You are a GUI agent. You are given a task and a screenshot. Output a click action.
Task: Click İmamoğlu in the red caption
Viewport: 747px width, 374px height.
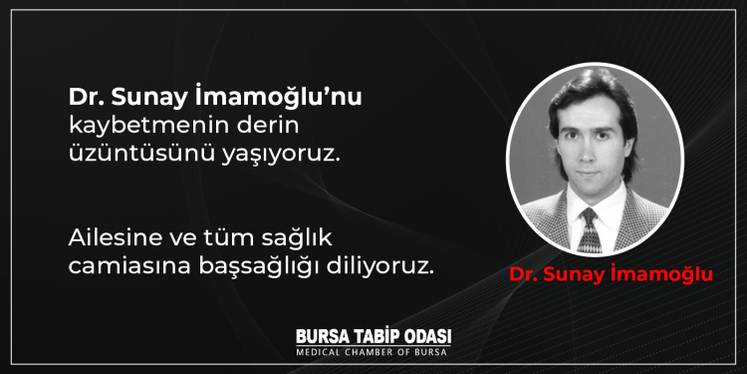pos(664,276)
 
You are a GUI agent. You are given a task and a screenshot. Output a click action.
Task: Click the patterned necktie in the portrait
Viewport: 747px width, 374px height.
pos(591,228)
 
